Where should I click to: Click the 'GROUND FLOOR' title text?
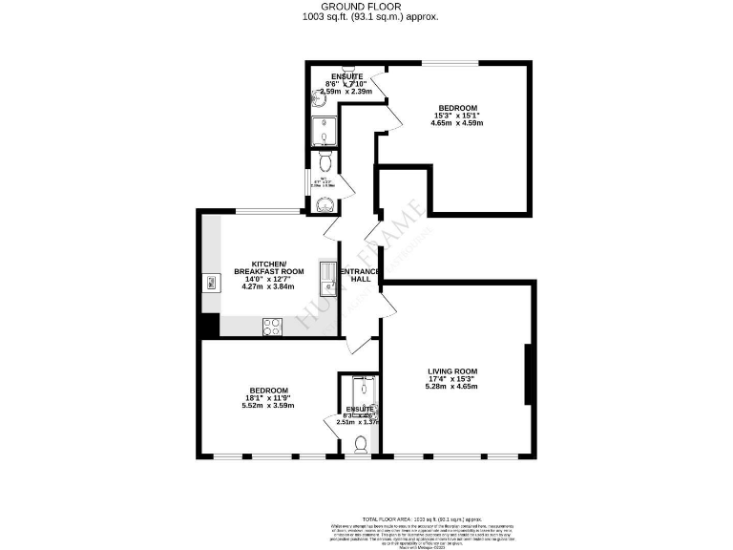(x=366, y=7)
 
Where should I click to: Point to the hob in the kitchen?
(x=270, y=326)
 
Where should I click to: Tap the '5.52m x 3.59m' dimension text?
(x=268, y=406)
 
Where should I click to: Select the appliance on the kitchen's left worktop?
(x=207, y=282)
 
